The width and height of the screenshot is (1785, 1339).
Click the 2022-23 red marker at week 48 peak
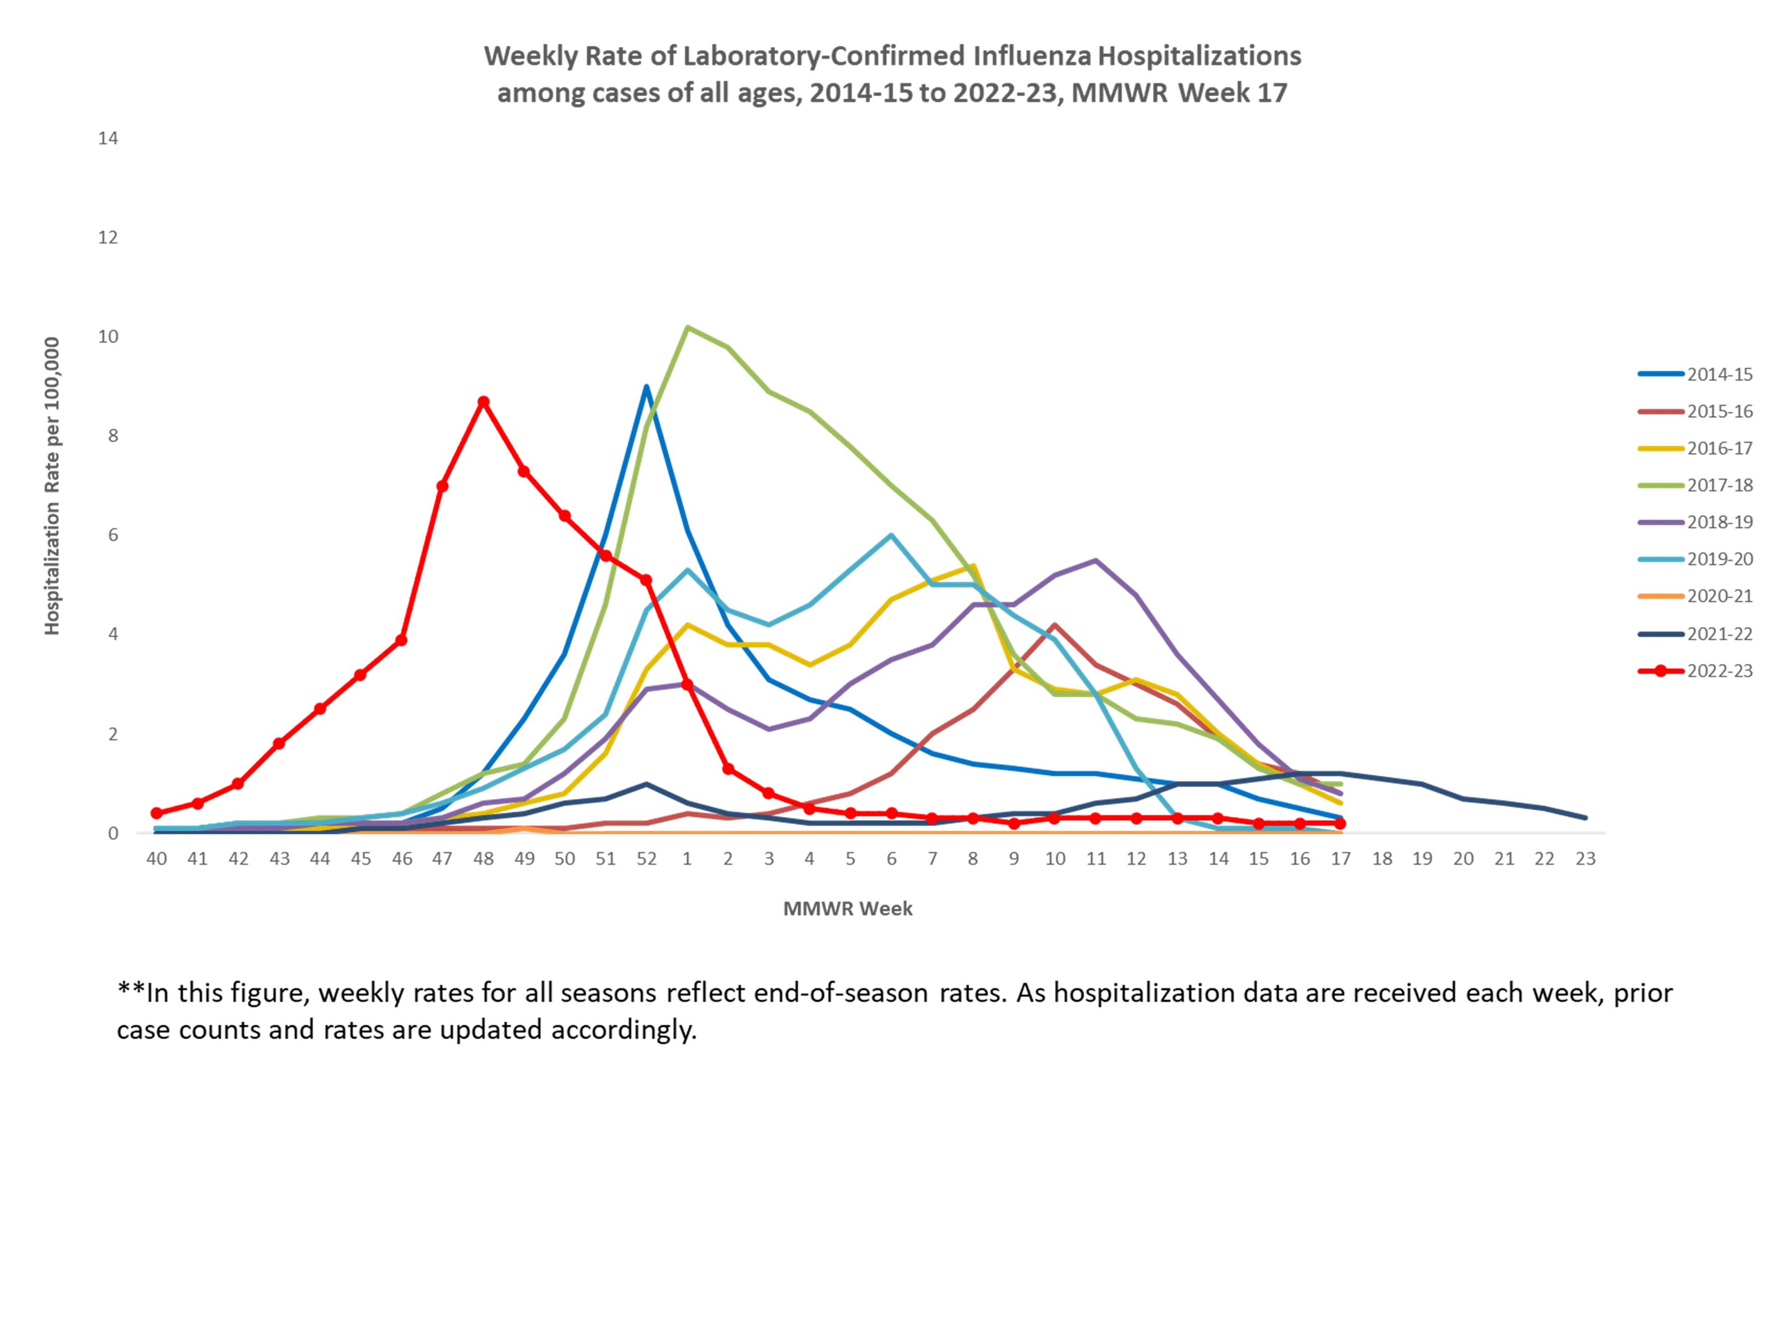tap(483, 402)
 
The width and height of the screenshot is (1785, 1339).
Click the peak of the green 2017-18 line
tap(687, 328)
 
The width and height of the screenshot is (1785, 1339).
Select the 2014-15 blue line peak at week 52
tap(646, 387)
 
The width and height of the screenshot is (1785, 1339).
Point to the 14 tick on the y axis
tap(108, 138)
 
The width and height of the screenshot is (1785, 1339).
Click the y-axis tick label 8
tap(113, 436)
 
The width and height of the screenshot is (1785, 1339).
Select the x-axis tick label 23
tap(1585, 859)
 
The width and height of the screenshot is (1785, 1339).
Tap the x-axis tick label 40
tap(157, 859)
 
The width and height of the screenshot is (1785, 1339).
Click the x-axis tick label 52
tap(646, 859)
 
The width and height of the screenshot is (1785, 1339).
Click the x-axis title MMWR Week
tap(847, 909)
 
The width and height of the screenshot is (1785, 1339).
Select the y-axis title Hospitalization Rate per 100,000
tap(51, 486)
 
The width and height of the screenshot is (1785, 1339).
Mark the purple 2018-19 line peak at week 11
tap(1096, 561)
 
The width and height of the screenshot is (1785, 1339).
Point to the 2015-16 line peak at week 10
tap(1055, 625)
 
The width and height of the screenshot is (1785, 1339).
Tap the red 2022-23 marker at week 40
tap(157, 813)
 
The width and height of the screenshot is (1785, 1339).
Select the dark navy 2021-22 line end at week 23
tap(1585, 818)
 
